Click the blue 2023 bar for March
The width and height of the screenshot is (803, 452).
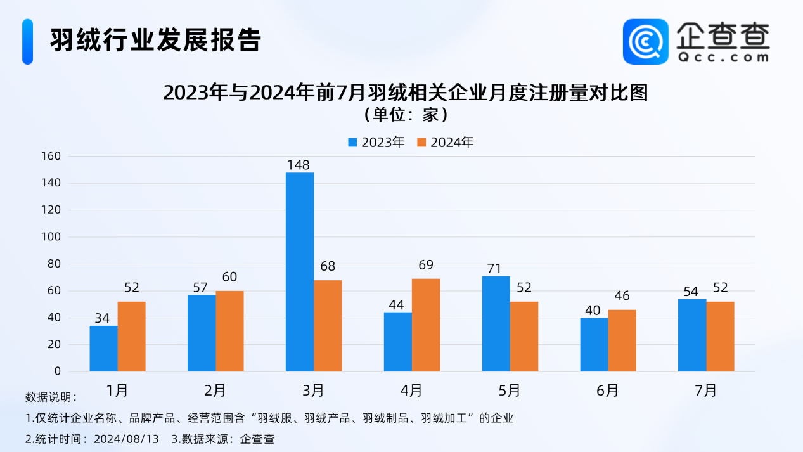point(300,272)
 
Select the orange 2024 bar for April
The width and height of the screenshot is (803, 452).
point(426,325)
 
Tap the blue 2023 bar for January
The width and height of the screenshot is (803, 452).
point(103,349)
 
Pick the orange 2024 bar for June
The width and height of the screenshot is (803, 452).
point(622,340)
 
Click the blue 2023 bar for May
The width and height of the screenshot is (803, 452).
point(496,324)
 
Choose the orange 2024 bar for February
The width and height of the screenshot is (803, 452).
point(229,331)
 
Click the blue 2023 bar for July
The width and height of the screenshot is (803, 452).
point(692,335)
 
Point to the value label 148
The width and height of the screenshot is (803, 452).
point(298,165)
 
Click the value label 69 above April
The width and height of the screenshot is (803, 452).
point(426,265)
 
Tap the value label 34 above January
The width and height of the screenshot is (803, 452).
point(102,318)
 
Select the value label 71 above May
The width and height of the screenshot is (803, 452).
point(495,268)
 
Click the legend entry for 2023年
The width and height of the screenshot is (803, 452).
point(376,143)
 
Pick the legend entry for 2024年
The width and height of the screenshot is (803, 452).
point(445,143)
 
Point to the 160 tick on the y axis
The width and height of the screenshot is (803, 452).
point(50,156)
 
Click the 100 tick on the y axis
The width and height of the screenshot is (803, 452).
point(50,237)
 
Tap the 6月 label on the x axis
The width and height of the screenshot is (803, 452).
point(607,391)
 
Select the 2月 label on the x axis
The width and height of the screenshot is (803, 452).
point(215,391)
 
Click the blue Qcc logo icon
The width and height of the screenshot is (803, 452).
point(645,41)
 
